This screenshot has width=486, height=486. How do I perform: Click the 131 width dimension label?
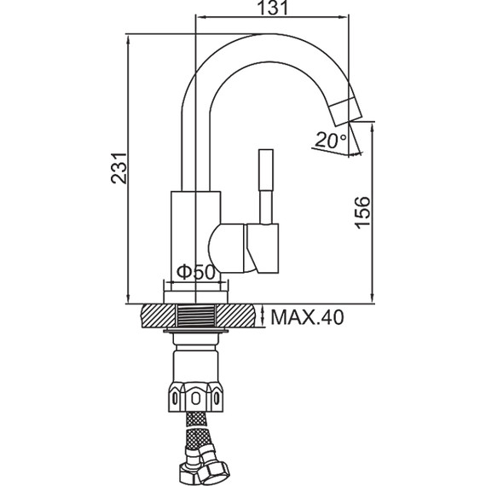coord(273,8)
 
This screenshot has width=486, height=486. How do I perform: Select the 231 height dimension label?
coord(119,168)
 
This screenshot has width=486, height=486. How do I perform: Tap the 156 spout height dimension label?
coord(362,212)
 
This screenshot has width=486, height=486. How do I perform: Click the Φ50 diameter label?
coord(195,272)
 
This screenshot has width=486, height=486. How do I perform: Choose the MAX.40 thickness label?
coord(307,317)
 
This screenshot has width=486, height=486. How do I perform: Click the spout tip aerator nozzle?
coord(345,112)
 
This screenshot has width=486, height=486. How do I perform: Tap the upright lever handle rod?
coord(266,186)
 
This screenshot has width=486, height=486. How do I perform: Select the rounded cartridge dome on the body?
coord(227,248)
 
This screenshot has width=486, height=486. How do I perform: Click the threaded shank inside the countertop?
coord(196,315)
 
